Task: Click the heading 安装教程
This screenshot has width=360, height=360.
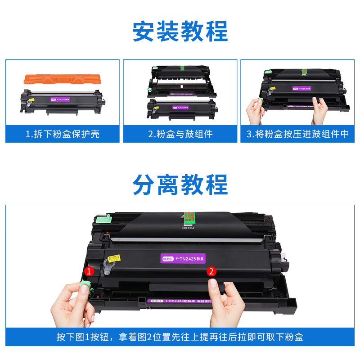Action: [180, 31]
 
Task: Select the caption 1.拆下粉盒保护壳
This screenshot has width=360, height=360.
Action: [63, 134]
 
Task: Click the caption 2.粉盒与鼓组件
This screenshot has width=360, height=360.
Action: [180, 134]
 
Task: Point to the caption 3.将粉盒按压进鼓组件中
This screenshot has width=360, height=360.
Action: [297, 134]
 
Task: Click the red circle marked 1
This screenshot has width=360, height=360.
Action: [89, 271]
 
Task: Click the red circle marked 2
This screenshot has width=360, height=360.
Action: [211, 271]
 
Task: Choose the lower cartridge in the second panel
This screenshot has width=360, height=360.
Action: [180, 108]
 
